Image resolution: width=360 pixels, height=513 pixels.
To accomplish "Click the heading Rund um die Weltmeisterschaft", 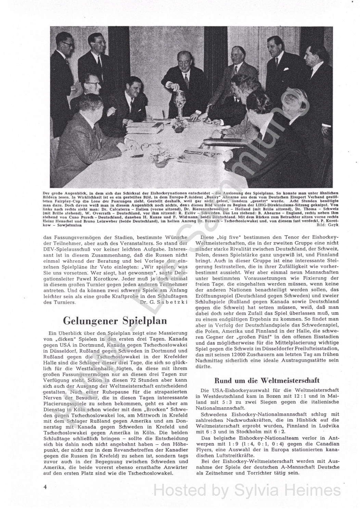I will click(x=267, y=380).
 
